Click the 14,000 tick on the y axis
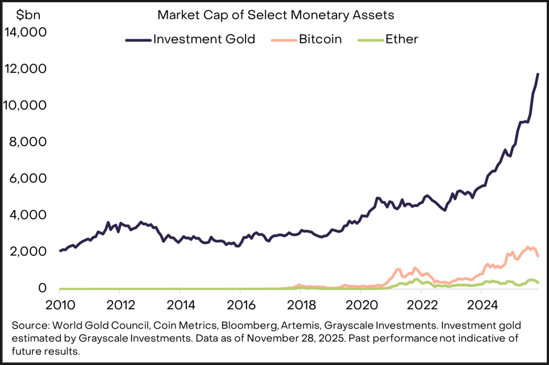pyautogui.click(x=26, y=33)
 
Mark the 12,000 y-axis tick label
pyautogui.click(x=26, y=69)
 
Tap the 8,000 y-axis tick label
pyautogui.click(x=28, y=142)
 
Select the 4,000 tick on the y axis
pyautogui.click(x=28, y=215)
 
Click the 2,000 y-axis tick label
pyautogui.click(x=28, y=252)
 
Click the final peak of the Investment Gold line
pyautogui.click(x=538, y=74)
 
